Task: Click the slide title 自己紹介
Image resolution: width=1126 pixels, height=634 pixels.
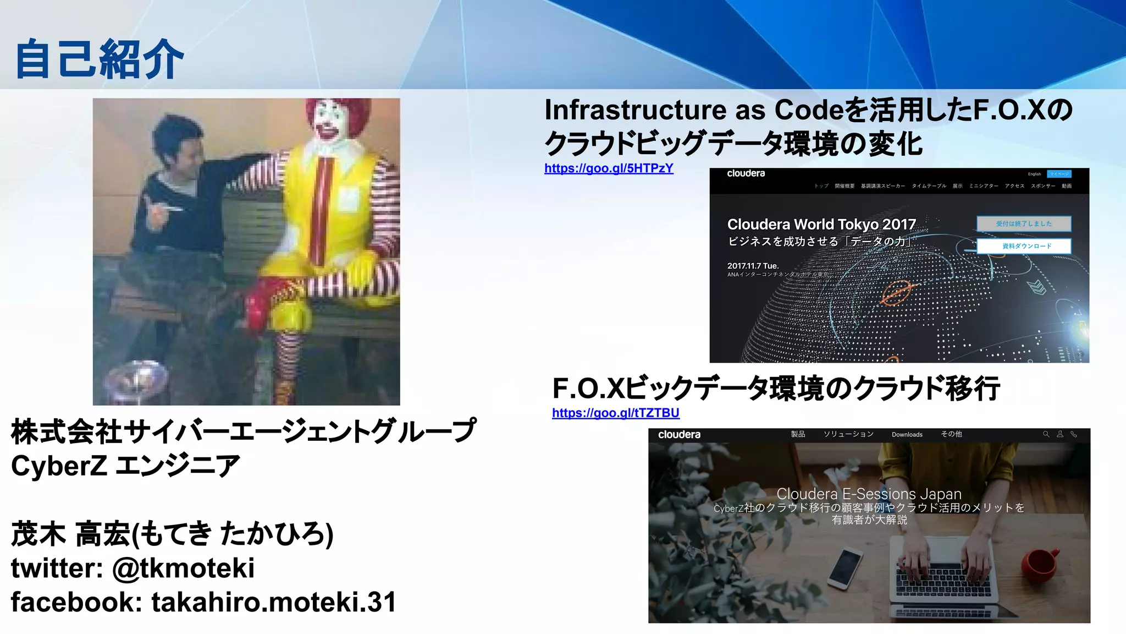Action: [x=99, y=59]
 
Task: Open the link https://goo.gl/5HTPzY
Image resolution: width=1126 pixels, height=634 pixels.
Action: [x=609, y=168]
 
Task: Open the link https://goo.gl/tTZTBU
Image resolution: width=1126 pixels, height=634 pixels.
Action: [x=615, y=413]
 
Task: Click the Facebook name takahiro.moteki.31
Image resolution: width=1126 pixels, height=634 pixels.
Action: [x=273, y=602]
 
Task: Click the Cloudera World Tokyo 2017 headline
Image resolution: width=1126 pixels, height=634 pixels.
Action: [x=821, y=225]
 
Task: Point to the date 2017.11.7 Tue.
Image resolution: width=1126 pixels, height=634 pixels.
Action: [x=753, y=266]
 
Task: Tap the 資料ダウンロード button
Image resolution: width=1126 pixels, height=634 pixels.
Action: [x=1024, y=246]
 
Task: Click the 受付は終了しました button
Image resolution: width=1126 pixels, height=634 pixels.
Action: [x=1024, y=223]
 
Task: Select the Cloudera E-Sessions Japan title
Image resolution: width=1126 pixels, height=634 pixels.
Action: [x=869, y=494]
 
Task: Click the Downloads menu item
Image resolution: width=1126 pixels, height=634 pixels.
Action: [x=907, y=435]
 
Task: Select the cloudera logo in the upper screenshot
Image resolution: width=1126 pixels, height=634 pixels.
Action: [x=746, y=174]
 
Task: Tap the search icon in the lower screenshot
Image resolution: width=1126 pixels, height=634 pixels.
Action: [x=1046, y=434]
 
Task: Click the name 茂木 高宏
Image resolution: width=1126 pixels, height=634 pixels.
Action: [x=70, y=534]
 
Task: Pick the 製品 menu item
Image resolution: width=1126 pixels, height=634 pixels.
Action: [x=798, y=434]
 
